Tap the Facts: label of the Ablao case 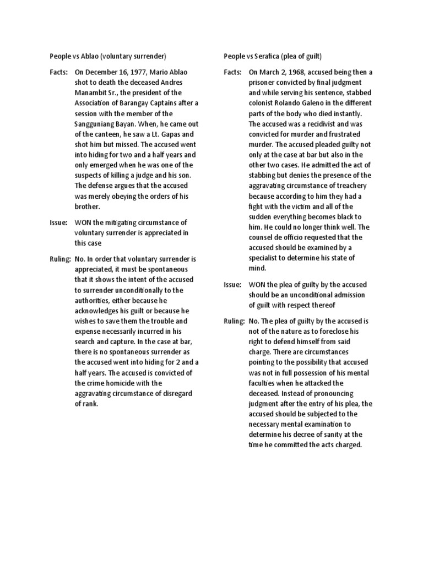tap(58, 72)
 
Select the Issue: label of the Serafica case tap(232, 284)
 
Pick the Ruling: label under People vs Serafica tap(234, 321)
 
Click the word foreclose tap(345, 331)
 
